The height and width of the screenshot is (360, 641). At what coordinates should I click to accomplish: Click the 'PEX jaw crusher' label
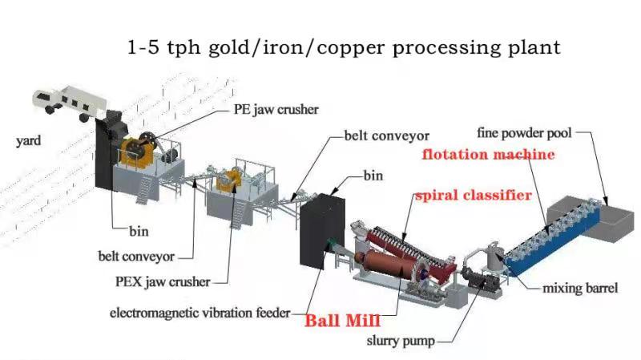point(163,281)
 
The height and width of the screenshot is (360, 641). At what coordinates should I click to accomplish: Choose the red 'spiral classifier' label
point(472,195)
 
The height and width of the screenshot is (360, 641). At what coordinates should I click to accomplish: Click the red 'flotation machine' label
point(489,154)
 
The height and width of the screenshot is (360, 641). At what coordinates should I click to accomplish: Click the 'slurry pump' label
point(401,342)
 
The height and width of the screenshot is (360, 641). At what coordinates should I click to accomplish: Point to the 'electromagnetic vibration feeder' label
point(200,313)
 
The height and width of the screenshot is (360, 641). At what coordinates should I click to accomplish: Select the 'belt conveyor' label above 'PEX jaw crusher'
point(135,257)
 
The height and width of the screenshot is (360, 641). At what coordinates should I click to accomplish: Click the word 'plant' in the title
point(535,48)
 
